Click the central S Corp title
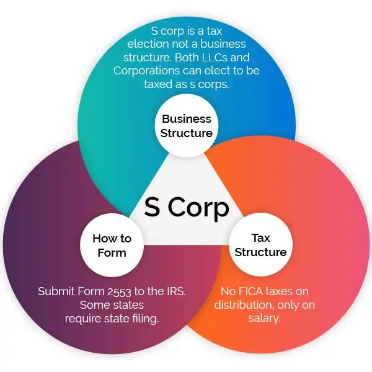pos(187,207)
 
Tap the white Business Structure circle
pos(187,125)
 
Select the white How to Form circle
pos(112,245)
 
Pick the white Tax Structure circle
pos(260,245)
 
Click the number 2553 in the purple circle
pos(119,291)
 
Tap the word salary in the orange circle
pos(264,318)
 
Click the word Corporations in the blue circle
pos(146,71)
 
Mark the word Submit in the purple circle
pos(56,291)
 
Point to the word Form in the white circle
pos(112,253)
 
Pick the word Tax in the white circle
pos(261,238)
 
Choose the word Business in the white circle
pos(187,119)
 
